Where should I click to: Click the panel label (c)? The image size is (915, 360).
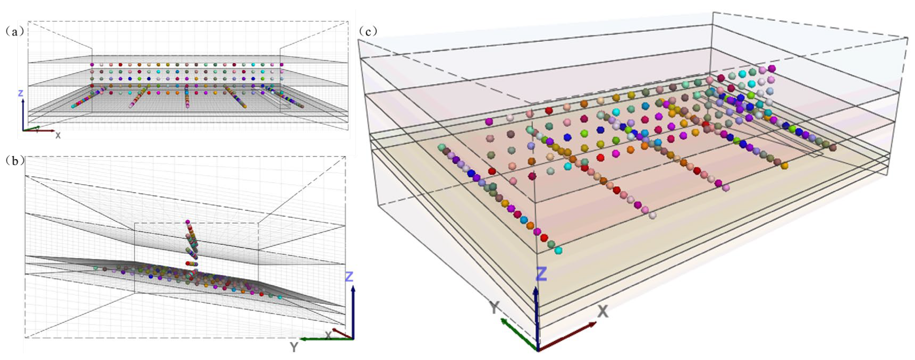click(368, 32)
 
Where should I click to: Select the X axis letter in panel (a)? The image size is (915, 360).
click(58, 135)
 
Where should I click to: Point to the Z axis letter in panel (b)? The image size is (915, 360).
click(349, 277)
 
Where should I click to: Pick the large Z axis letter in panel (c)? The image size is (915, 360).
click(541, 274)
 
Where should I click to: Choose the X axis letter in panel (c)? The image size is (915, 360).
click(602, 312)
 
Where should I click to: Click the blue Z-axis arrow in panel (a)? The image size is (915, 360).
click(23, 114)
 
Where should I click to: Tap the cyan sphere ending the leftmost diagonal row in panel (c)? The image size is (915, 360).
click(558, 250)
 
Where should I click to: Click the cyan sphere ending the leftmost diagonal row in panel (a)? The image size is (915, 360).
click(73, 106)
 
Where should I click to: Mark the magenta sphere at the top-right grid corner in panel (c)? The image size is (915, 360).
click(771, 68)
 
